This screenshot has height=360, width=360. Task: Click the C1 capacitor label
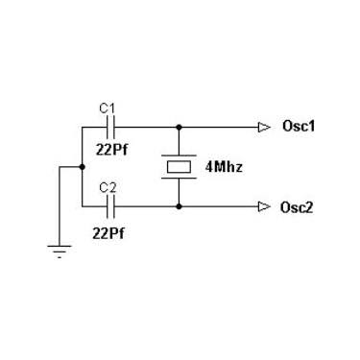pyautogui.click(x=107, y=108)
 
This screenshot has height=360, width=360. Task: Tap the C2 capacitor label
pyautogui.click(x=108, y=188)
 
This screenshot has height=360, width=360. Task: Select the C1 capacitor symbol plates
pyautogui.click(x=110, y=128)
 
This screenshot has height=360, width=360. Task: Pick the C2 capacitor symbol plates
pyautogui.click(x=110, y=206)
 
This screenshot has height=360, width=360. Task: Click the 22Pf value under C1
pyautogui.click(x=111, y=149)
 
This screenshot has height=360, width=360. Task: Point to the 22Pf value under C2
pyautogui.click(x=108, y=233)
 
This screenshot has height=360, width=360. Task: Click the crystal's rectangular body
pyautogui.click(x=180, y=167)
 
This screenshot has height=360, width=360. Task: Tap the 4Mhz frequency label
pyautogui.click(x=224, y=167)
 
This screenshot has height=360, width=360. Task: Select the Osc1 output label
pyautogui.click(x=299, y=126)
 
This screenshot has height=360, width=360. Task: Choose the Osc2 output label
pyautogui.click(x=297, y=207)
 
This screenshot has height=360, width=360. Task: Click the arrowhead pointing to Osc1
pyautogui.click(x=264, y=128)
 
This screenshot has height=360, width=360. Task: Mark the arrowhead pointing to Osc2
pyautogui.click(x=264, y=206)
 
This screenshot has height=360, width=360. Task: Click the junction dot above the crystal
pyautogui.click(x=180, y=128)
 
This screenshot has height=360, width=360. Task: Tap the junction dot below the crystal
pyautogui.click(x=180, y=206)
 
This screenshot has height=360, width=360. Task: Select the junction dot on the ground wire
pyautogui.click(x=83, y=167)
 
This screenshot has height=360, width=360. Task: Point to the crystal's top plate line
pyautogui.click(x=180, y=156)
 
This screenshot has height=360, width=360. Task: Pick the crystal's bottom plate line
pyautogui.click(x=180, y=178)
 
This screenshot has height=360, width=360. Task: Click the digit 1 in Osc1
pyautogui.click(x=311, y=127)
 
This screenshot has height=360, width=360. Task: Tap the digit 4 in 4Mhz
pyautogui.click(x=209, y=167)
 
